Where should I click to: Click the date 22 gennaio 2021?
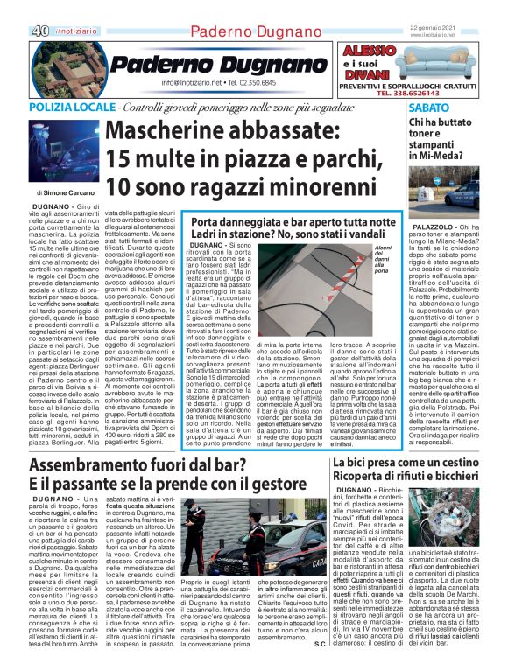point(441,29)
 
